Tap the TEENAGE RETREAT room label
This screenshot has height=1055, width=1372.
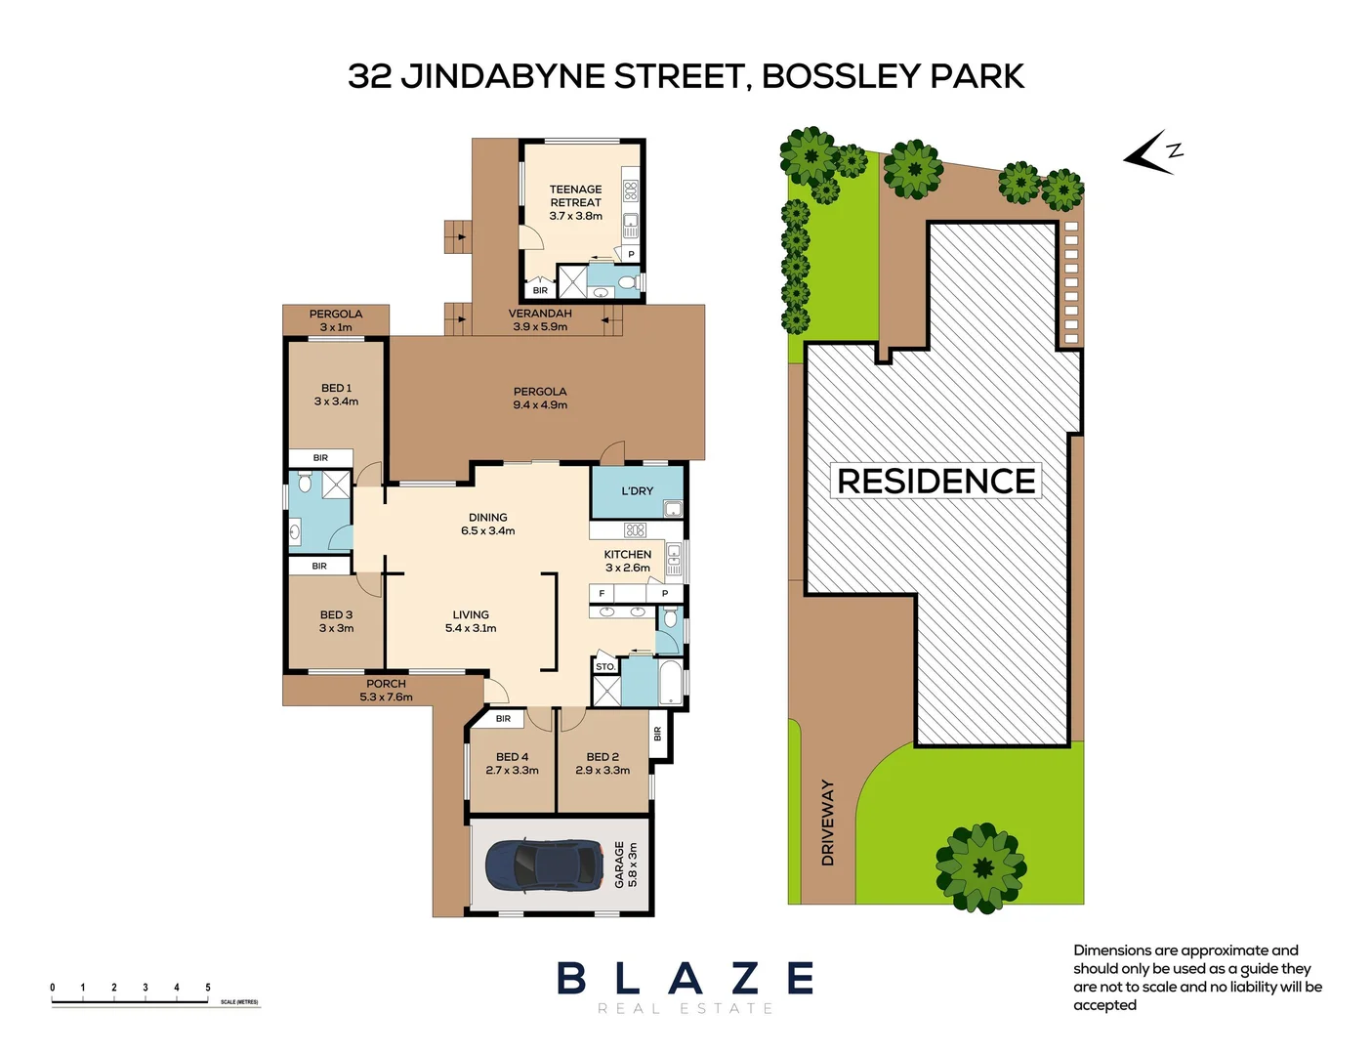(x=575, y=202)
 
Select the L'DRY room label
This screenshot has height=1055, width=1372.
(x=637, y=491)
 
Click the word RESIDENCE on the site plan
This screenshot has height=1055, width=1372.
(x=935, y=482)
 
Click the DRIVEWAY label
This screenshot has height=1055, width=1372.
(x=828, y=823)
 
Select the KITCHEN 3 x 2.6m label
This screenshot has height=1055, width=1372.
(x=627, y=561)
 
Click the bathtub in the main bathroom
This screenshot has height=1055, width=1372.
(x=671, y=683)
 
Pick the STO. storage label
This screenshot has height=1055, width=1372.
(x=605, y=667)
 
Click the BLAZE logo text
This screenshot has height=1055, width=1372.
(x=685, y=978)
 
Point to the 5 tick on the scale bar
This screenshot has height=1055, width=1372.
(x=208, y=989)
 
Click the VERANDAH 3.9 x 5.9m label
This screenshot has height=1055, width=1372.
(x=540, y=320)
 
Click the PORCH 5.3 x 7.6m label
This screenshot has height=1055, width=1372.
(x=386, y=691)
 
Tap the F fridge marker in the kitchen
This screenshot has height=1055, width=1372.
(x=602, y=594)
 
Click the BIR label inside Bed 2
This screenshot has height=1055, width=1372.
(x=657, y=733)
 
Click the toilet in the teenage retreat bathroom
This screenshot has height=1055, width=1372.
(x=627, y=283)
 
